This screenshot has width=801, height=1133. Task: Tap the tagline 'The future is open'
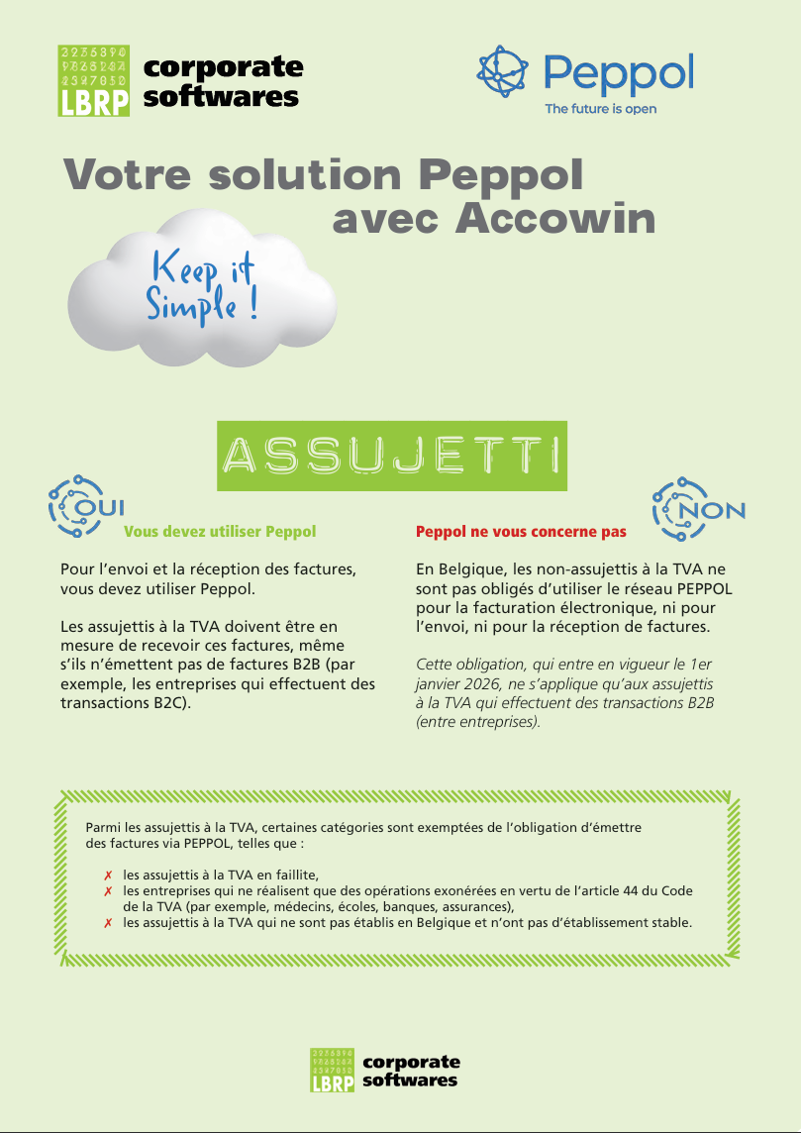pos(600,109)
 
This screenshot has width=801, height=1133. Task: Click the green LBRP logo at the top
pos(94,81)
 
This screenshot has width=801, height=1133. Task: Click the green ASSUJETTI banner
pos(392,457)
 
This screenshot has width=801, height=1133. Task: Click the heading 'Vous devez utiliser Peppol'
pos(220,532)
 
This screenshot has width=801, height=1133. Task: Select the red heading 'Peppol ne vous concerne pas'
pos(521,532)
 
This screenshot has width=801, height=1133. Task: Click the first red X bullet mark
pos(107,875)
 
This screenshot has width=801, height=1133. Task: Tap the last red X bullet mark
pos(107,923)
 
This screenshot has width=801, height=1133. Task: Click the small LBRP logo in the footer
pos(332,1070)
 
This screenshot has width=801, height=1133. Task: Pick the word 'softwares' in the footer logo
pos(410,1080)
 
